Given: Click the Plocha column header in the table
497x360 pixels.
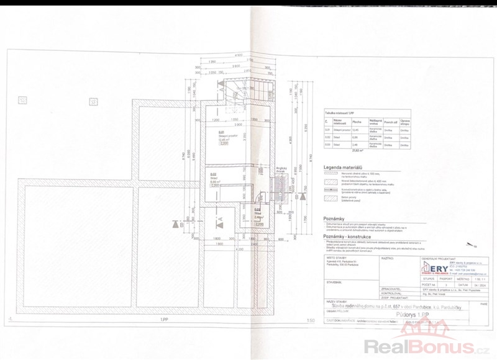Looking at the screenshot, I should [x=357, y=122].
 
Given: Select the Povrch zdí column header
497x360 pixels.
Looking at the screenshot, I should [x=390, y=122].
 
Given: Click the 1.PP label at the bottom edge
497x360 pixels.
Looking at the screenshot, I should [x=163, y=337].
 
